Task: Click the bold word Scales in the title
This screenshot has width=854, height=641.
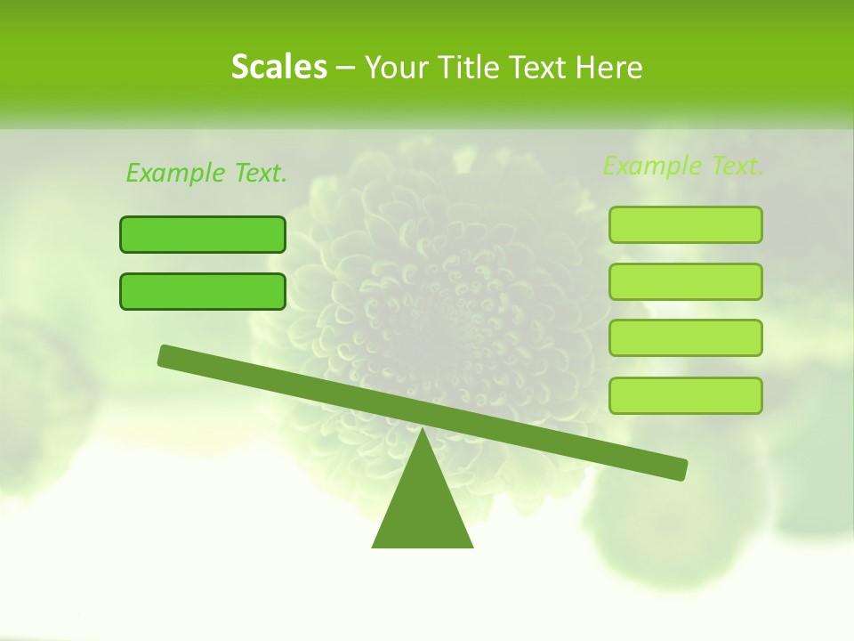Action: tap(278, 67)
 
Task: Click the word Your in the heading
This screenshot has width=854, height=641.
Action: tap(397, 67)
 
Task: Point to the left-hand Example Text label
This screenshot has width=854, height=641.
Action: tap(206, 173)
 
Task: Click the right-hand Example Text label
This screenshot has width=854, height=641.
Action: tap(683, 166)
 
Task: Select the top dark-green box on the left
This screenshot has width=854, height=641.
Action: tap(203, 234)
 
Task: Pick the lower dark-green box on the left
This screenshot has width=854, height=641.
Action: tap(203, 291)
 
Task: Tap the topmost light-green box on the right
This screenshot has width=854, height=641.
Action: tap(685, 224)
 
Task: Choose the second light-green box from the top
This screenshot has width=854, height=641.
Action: tap(685, 281)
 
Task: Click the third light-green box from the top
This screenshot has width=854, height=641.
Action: tap(685, 338)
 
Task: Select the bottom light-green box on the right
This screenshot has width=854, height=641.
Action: tap(685, 395)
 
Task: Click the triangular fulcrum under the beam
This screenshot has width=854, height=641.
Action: tap(423, 507)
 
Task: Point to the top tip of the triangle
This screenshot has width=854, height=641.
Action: tap(423, 431)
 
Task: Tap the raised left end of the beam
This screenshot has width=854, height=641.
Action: tap(165, 355)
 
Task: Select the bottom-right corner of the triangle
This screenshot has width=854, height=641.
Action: tap(471, 546)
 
